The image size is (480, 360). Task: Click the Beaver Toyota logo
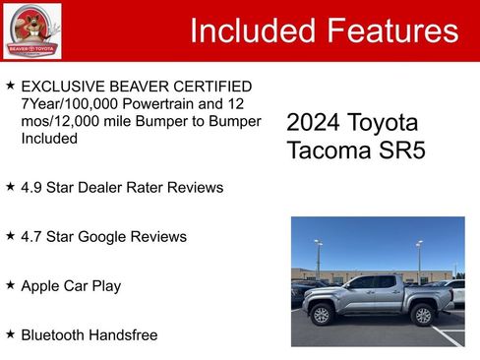coord(31,31)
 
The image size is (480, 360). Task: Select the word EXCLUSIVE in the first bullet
coord(63,87)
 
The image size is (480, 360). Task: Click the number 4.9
coord(32,187)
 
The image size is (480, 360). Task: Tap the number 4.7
coord(32,236)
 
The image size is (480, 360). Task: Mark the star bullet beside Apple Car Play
coord(10,284)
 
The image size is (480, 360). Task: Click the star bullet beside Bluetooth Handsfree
coord(10,333)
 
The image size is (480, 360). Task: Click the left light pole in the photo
coord(318,258)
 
